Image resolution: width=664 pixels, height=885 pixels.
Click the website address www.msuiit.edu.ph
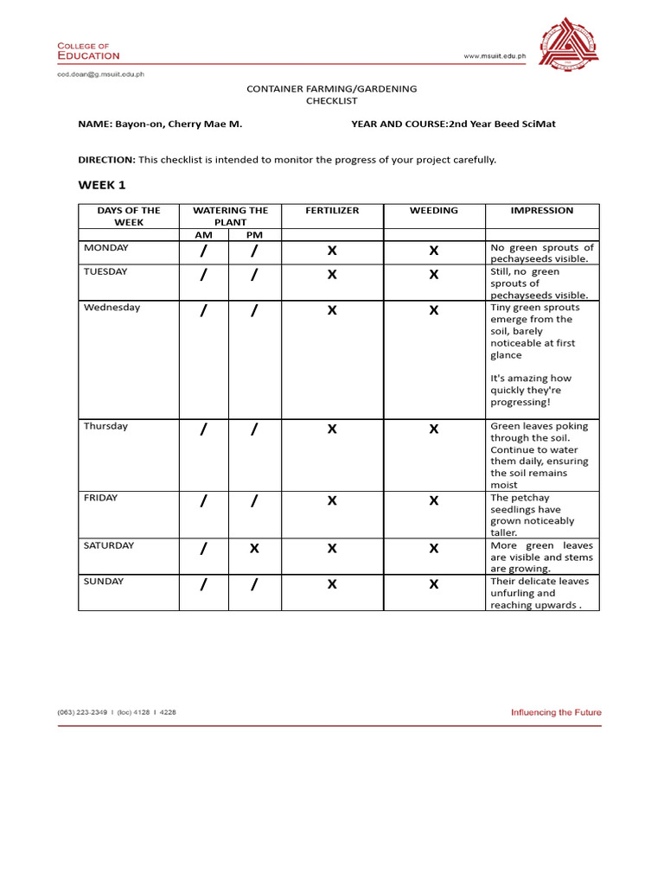pyautogui.click(x=495, y=56)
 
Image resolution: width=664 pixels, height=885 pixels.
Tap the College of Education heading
pyautogui.click(x=88, y=51)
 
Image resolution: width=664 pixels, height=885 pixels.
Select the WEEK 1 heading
pyautogui.click(x=102, y=185)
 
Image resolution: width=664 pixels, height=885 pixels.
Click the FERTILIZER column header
pyautogui.click(x=332, y=211)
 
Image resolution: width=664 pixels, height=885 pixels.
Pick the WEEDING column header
pyautogui.click(x=434, y=211)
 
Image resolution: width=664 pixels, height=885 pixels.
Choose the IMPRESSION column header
pyautogui.click(x=542, y=211)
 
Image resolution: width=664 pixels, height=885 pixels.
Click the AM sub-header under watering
pyautogui.click(x=203, y=235)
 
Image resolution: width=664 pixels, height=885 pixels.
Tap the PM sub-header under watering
pyautogui.click(x=254, y=235)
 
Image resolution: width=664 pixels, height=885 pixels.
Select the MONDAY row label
pyautogui.click(x=106, y=248)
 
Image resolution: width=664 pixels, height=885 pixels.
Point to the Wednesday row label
pyautogui.click(x=112, y=308)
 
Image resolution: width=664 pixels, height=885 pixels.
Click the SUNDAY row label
pyautogui.click(x=105, y=582)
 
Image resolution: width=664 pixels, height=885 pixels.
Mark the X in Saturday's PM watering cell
pyautogui.click(x=254, y=549)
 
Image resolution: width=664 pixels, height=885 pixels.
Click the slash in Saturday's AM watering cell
pyautogui.click(x=203, y=549)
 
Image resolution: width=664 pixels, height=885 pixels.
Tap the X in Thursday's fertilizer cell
pyautogui.click(x=332, y=430)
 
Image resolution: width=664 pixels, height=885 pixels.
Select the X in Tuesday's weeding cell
pyautogui.click(x=434, y=275)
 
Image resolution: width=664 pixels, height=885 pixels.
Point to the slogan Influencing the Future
pyautogui.click(x=556, y=713)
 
